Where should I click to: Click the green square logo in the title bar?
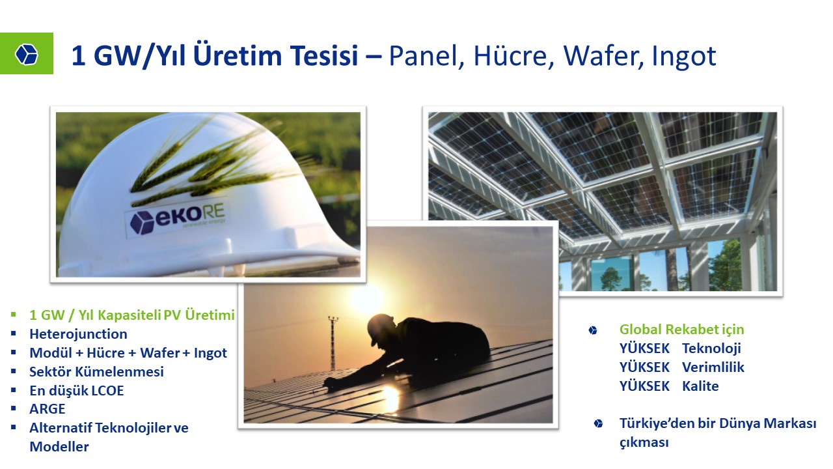(x=27, y=53)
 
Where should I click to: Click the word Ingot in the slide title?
(x=684, y=57)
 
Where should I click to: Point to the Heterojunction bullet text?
(x=78, y=334)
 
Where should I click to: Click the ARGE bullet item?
(x=48, y=408)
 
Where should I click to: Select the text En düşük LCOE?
(x=77, y=390)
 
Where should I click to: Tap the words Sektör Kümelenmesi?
(x=96, y=371)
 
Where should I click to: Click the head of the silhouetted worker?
(x=382, y=328)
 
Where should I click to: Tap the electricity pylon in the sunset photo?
(x=333, y=343)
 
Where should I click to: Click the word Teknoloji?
(x=711, y=348)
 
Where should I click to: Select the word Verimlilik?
(x=713, y=367)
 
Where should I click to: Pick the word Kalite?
(x=700, y=386)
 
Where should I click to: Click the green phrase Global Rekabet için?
(x=681, y=330)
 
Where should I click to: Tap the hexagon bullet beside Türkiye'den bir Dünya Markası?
(x=598, y=423)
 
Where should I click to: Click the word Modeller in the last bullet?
(x=59, y=447)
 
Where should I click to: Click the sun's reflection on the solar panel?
(x=390, y=397)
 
